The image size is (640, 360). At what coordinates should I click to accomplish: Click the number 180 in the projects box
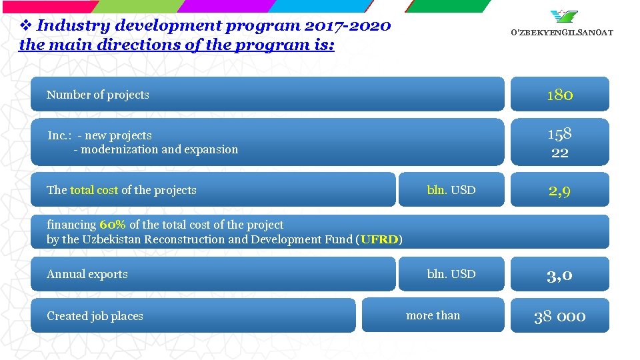point(559,95)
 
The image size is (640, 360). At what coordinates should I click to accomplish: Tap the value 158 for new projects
point(559,134)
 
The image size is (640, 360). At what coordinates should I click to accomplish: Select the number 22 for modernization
point(559,153)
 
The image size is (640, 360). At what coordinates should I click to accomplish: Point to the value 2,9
point(559,191)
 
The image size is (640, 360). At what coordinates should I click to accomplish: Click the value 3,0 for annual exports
point(559,275)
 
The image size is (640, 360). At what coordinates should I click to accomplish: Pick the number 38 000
point(559,316)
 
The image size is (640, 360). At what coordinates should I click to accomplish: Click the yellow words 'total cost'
point(94,190)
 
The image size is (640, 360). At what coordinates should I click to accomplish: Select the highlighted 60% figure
point(113,225)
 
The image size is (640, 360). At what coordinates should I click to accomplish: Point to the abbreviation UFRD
point(379,239)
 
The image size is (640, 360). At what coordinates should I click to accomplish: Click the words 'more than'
point(433,315)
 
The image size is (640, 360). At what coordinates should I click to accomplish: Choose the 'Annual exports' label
point(87,274)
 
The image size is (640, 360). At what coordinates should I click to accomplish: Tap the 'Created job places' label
point(95,316)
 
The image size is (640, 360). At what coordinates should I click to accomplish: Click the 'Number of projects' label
point(98,95)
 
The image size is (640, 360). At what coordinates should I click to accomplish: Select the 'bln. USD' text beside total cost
point(451,190)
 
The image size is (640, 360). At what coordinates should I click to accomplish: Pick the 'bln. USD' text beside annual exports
point(451,274)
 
